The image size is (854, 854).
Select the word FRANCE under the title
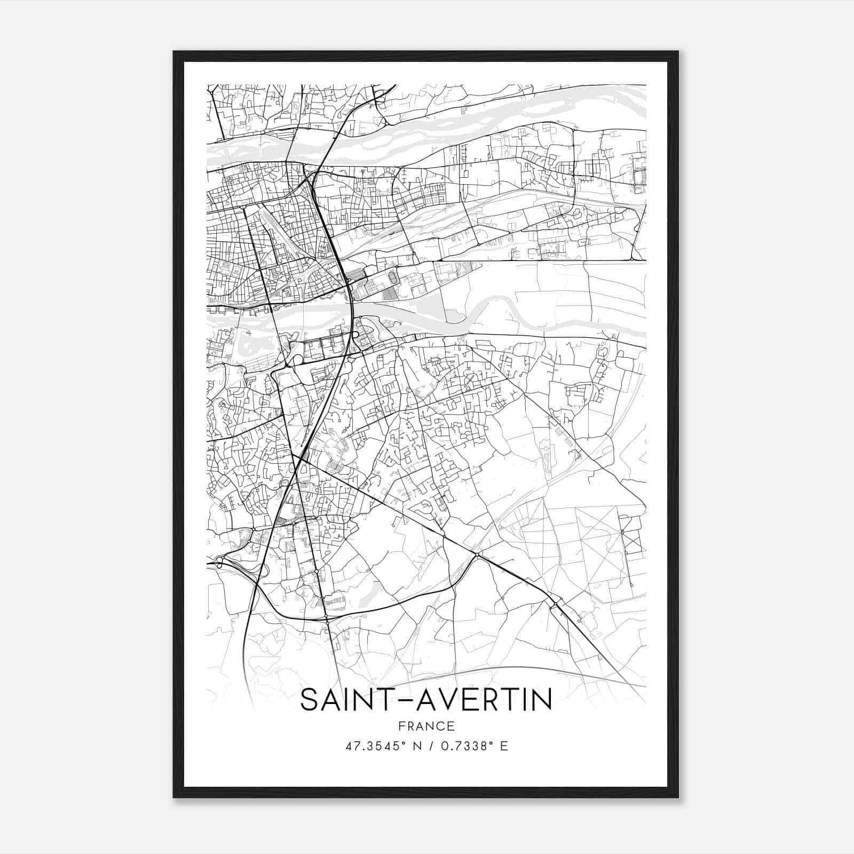(x=426, y=726)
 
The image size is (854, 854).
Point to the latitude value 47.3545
(x=372, y=747)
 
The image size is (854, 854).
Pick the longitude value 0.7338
(x=462, y=747)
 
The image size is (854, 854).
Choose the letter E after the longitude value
(x=503, y=747)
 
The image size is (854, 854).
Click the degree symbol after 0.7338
(x=491, y=743)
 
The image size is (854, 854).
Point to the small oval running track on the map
(x=393, y=278)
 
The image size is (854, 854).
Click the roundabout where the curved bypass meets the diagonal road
(x=478, y=556)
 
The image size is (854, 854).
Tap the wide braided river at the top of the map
(x=427, y=128)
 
